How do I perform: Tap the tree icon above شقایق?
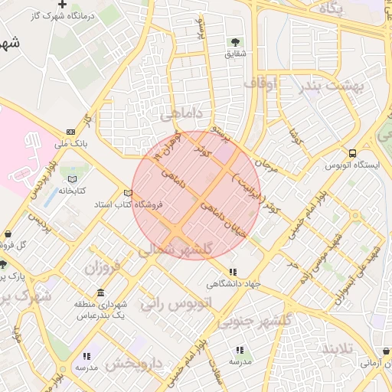tap(234, 42)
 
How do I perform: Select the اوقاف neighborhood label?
tap(261, 81)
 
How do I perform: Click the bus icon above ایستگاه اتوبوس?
tap(351, 153)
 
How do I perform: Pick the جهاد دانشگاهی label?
tap(233, 283)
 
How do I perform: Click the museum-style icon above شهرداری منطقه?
tap(101, 294)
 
